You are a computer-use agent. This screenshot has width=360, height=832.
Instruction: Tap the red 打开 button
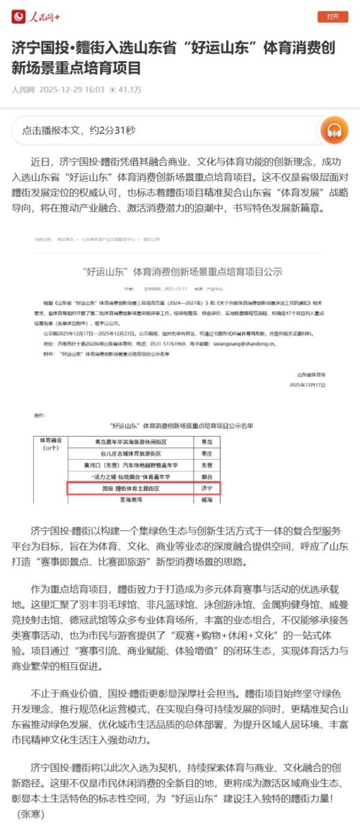(333, 17)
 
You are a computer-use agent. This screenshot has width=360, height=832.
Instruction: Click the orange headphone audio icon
(334, 129)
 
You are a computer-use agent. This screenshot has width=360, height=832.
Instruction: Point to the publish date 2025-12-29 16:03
(72, 89)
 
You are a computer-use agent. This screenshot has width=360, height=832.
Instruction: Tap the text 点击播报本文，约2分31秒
(78, 130)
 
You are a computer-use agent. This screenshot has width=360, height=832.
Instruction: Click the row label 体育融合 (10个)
(51, 444)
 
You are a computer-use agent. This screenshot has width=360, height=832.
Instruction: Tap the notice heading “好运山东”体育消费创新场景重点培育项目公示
(180, 271)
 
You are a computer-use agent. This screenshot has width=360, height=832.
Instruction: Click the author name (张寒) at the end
(30, 813)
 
